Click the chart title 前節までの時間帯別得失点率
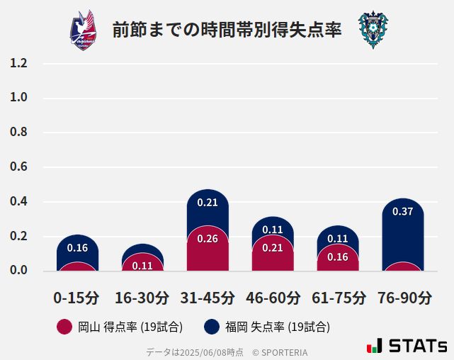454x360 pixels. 227,30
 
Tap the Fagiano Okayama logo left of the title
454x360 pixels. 84,30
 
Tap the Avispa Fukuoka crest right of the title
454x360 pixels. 373,30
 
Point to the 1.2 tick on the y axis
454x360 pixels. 19,63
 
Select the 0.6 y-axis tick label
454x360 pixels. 19,167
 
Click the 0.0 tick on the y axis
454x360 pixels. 19,271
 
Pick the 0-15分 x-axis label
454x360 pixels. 77,298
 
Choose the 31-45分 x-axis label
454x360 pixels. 208,298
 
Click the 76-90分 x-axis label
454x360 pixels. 403,298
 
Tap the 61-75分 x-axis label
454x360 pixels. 338,298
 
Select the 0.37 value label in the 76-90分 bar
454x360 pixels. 403,211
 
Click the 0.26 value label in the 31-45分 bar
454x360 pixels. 208,239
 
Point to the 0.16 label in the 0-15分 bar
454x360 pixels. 77,248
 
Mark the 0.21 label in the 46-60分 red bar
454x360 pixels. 273,247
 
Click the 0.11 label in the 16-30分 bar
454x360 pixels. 142,266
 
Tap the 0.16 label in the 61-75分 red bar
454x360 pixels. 338,257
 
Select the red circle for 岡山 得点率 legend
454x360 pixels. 64,327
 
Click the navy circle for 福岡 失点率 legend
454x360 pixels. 211,327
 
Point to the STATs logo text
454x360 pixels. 418,347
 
